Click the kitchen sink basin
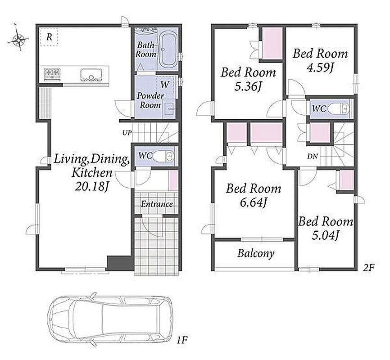91,75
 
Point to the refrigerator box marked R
49,37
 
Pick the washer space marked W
165,85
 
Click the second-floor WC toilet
339,108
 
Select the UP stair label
127,133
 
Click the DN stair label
313,157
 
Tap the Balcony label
256,253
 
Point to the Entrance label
157,204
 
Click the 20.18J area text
92,186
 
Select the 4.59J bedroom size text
320,67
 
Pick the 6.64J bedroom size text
253,202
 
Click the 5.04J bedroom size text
325,235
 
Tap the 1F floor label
181,340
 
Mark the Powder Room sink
170,108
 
